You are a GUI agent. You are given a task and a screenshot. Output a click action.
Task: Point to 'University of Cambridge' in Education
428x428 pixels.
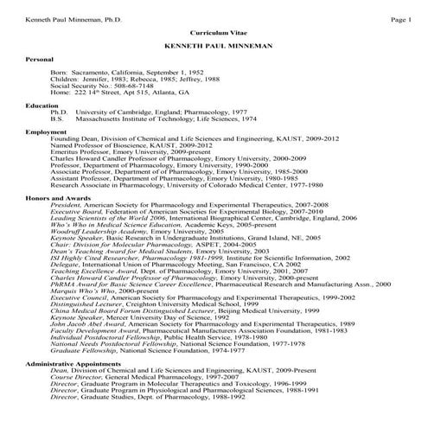118,112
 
